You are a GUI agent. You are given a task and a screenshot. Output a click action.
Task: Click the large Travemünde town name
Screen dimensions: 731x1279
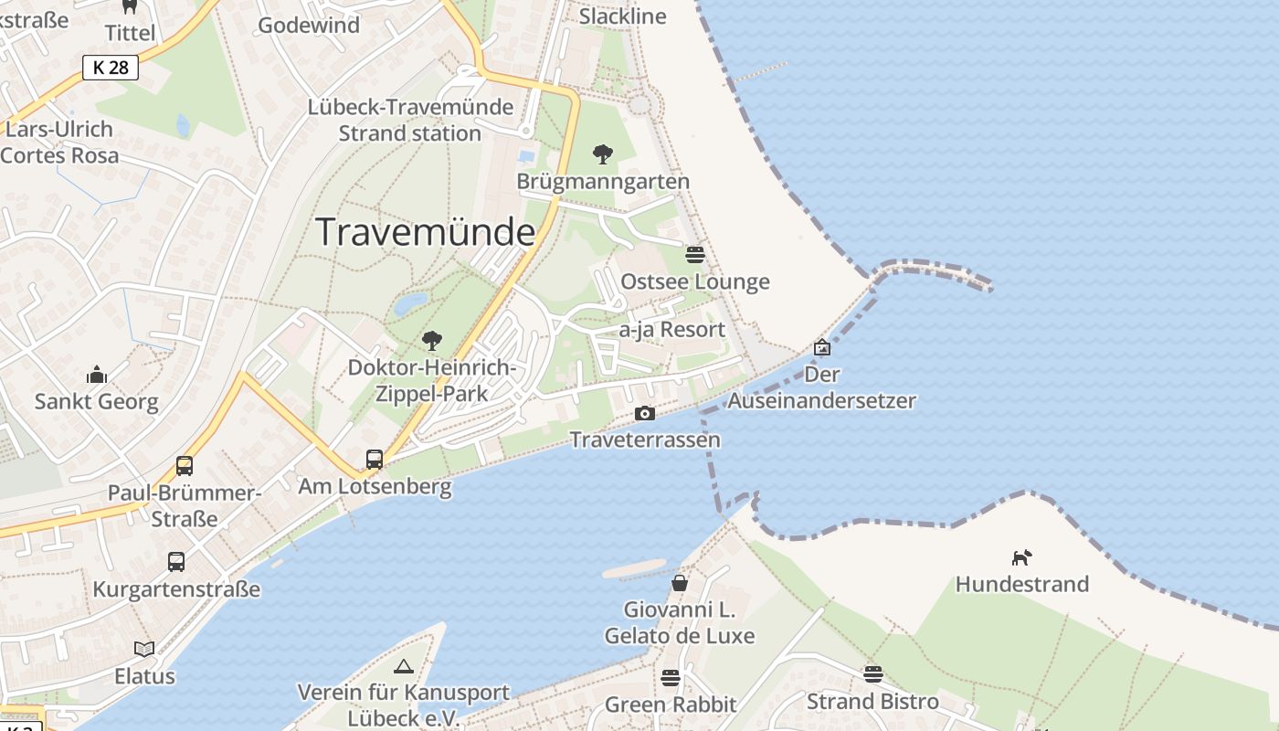click(x=425, y=232)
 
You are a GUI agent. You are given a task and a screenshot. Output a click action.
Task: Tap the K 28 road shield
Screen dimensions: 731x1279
click(x=111, y=67)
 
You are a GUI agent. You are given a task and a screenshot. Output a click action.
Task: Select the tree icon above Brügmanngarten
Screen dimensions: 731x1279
click(x=602, y=154)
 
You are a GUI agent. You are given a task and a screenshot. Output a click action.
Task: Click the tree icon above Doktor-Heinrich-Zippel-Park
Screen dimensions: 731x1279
click(x=431, y=341)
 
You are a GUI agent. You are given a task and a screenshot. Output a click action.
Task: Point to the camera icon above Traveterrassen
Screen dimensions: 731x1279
click(x=645, y=413)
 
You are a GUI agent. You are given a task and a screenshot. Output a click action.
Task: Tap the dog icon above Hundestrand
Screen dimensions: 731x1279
click(x=1021, y=556)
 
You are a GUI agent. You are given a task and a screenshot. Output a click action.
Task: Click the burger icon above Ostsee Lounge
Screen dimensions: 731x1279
click(x=695, y=254)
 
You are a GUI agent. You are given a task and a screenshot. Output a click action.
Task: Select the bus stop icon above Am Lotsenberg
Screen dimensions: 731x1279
click(x=375, y=459)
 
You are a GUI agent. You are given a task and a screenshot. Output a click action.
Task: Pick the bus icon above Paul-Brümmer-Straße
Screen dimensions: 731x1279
click(x=185, y=466)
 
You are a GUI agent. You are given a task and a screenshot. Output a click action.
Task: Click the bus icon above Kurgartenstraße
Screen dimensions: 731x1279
click(x=176, y=561)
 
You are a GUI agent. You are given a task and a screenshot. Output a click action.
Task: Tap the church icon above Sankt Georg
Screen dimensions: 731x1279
click(x=96, y=375)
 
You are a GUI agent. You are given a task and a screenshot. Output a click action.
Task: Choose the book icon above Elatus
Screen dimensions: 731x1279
click(x=144, y=649)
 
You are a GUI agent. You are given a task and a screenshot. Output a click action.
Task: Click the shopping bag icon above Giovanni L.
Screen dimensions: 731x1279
click(x=680, y=582)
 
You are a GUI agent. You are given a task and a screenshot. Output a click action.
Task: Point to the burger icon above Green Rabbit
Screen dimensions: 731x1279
click(x=671, y=677)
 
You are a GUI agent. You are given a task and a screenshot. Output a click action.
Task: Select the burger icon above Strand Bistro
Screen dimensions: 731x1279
click(x=872, y=674)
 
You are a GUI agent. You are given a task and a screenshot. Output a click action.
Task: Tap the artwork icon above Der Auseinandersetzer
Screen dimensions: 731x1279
click(x=822, y=347)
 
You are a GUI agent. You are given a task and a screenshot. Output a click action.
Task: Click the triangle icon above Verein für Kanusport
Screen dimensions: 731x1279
click(x=404, y=666)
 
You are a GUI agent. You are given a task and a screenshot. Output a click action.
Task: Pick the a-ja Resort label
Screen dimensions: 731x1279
click(x=671, y=329)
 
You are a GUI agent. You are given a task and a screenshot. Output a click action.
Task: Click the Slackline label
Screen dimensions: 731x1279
click(x=623, y=16)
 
